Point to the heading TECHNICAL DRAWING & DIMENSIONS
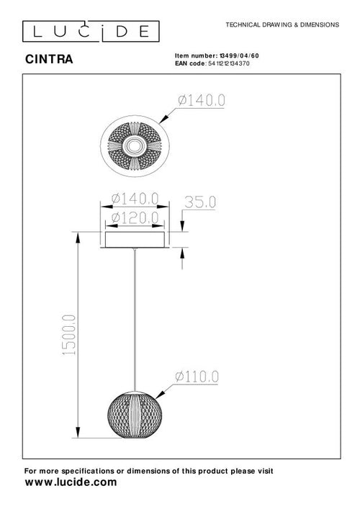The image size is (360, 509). coord(282,24)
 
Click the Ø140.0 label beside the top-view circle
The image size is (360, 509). coord(199,102)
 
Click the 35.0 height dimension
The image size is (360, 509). coord(201,202)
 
